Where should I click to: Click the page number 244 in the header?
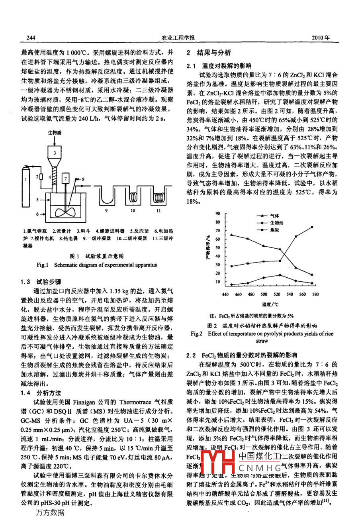[x=31, y=38]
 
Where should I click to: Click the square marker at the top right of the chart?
[x=312, y=227]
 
